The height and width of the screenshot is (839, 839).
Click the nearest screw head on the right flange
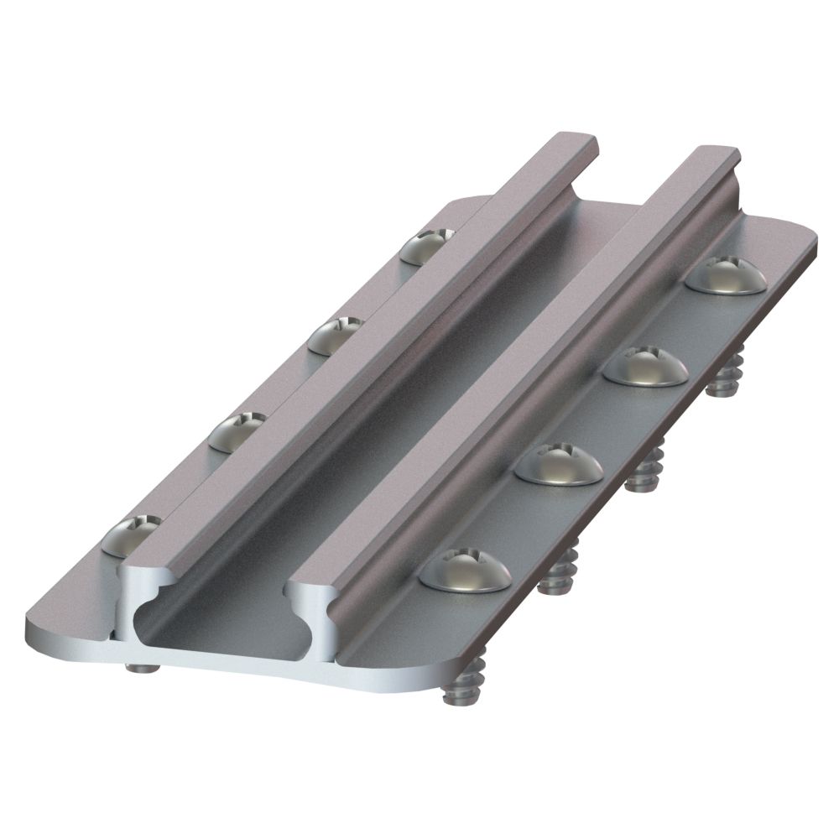click(466, 572)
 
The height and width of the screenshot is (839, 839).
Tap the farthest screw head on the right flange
click(726, 276)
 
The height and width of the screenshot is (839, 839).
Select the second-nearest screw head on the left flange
click(237, 432)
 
